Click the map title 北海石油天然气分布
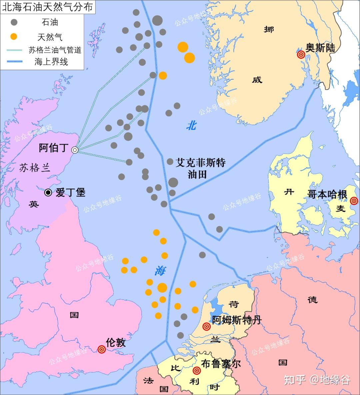click(47, 7)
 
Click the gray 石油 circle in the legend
click(14, 22)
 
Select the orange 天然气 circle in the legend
click(14, 36)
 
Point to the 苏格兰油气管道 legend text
click(55, 50)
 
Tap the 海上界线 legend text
click(51, 62)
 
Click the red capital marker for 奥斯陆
click(301, 54)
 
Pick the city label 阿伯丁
click(53, 148)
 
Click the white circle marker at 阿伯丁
click(75, 150)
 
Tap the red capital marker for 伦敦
click(102, 349)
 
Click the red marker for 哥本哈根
click(354, 201)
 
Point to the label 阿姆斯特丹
click(237, 320)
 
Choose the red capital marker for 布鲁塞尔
click(197, 370)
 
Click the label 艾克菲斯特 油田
click(200, 168)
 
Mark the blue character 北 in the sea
click(191, 126)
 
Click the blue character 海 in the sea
click(160, 271)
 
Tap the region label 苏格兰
click(35, 168)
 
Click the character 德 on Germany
click(312, 300)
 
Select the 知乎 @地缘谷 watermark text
click(317, 380)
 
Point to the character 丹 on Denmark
click(289, 192)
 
